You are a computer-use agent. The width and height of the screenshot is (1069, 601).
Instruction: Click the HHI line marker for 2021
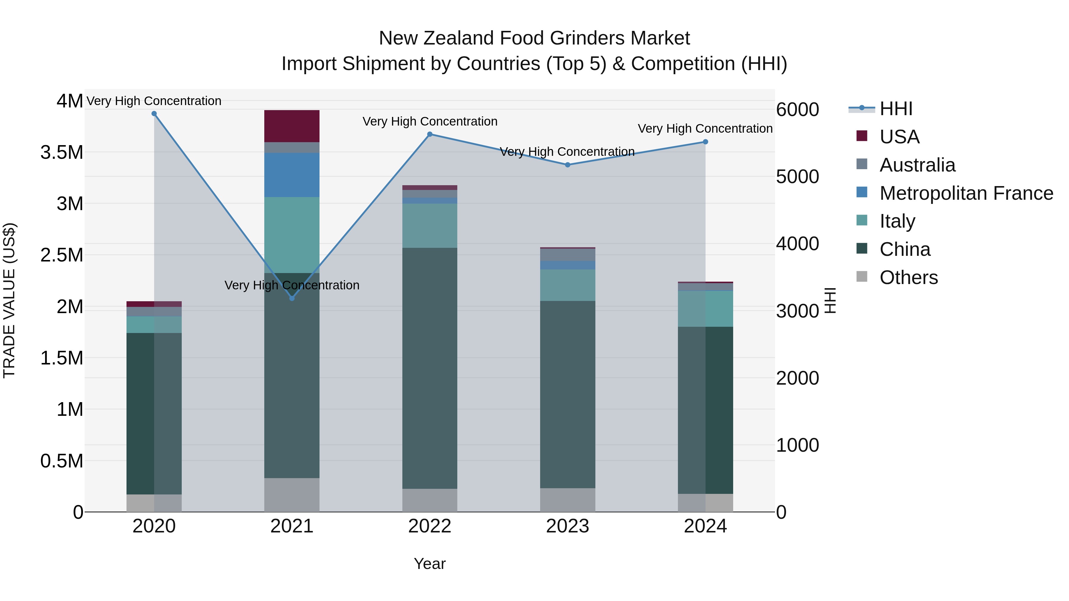pyautogui.click(x=292, y=298)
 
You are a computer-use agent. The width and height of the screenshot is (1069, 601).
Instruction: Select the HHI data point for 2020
pyautogui.click(x=154, y=114)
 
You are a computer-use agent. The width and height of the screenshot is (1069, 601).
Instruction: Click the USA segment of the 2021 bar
pyautogui.click(x=292, y=126)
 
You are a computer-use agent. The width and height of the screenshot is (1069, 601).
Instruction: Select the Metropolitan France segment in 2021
pyautogui.click(x=292, y=175)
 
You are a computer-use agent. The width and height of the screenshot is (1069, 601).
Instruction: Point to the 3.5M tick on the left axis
pyautogui.click(x=62, y=153)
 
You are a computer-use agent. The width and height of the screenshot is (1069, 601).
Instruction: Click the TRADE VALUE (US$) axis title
pyautogui.click(x=9, y=300)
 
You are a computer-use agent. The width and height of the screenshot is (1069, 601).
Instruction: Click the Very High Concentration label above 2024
pyautogui.click(x=705, y=129)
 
